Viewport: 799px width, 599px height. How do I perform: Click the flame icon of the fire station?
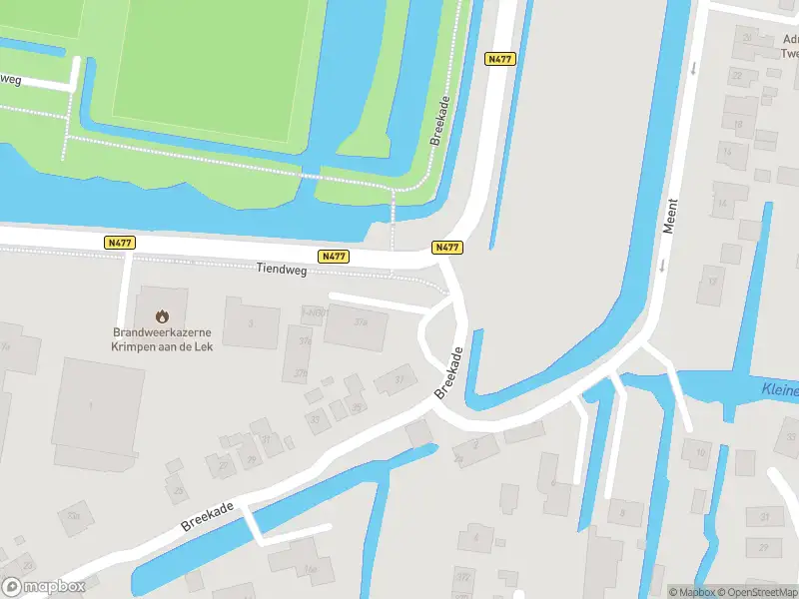pyautogui.click(x=162, y=315)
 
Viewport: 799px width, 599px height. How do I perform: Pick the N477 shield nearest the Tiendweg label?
pyautogui.click(x=334, y=257)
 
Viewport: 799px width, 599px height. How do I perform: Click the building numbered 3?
pyautogui.click(x=251, y=322)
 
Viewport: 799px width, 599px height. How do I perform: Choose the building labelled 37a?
pyautogui.click(x=360, y=323)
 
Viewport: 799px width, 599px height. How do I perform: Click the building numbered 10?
pyautogui.click(x=699, y=452)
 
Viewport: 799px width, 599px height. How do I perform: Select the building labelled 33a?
pyautogui.click(x=72, y=515)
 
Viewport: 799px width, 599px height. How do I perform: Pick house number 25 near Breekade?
pyautogui.click(x=178, y=490)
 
